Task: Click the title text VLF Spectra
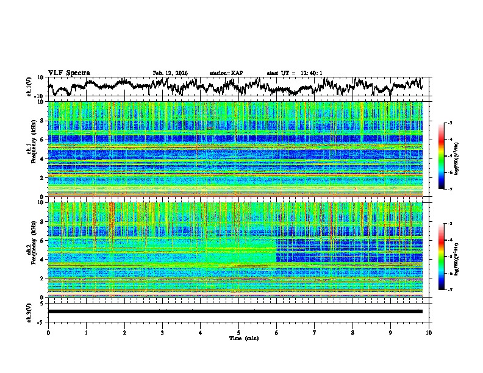coord(69,73)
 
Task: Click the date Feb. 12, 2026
coord(170,73)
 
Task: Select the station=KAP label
coord(226,73)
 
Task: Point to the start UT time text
coord(295,73)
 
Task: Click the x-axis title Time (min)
coord(238,338)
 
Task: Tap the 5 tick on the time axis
coord(238,332)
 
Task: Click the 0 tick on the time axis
coord(48,332)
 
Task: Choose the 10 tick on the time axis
coord(429,332)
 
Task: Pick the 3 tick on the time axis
coord(162,332)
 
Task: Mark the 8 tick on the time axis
coord(352,332)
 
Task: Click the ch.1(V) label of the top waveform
coord(29,87)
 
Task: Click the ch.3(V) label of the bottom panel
coord(29,311)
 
